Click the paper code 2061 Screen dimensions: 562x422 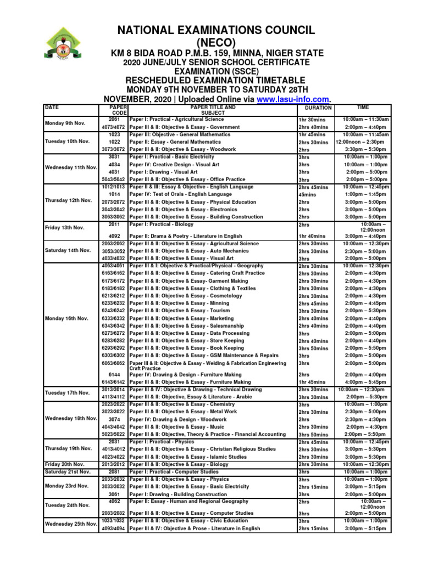point(114,119)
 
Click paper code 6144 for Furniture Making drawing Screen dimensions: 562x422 point(114,375)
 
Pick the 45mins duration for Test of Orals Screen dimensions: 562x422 point(307,194)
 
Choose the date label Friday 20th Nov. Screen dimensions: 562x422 point(67,464)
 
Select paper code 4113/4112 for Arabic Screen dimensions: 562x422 point(114,397)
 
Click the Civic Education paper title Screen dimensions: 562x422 point(190,521)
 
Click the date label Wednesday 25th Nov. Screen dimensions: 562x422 point(70,525)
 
